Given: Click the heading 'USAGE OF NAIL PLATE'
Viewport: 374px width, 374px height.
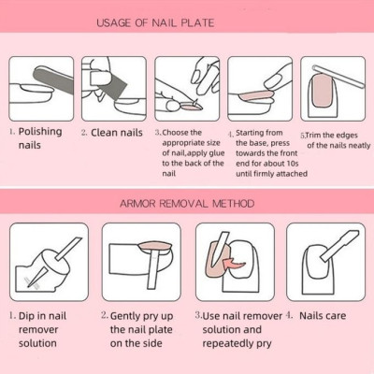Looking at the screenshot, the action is pyautogui.click(x=155, y=23).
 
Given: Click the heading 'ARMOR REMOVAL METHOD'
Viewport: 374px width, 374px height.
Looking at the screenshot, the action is pyautogui.click(x=187, y=204).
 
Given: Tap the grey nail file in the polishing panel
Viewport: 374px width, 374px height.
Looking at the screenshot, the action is pyautogui.click(x=53, y=79).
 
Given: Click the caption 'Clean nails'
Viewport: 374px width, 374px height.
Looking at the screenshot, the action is pyautogui.click(x=117, y=133).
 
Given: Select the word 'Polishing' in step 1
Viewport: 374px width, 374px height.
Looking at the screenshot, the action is pyautogui.click(x=40, y=132).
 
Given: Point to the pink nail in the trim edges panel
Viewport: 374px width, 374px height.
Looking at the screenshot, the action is pyautogui.click(x=322, y=91).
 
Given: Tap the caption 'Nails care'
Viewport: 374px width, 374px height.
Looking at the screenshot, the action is pyautogui.click(x=323, y=316).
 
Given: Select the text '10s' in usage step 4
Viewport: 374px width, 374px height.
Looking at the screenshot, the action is pyautogui.click(x=293, y=164).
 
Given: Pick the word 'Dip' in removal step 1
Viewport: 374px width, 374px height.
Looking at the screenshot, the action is pyautogui.click(x=27, y=316).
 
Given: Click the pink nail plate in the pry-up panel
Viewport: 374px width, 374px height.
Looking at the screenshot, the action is pyautogui.click(x=155, y=247).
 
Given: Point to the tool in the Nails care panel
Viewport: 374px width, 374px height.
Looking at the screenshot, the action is pyautogui.click(x=339, y=245).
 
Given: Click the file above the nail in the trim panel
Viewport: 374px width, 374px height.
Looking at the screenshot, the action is pyautogui.click(x=338, y=76).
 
